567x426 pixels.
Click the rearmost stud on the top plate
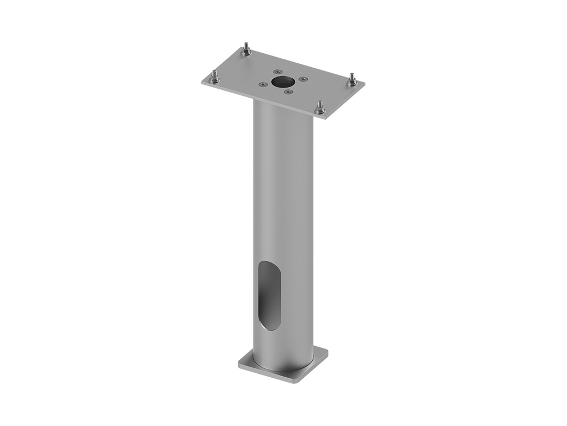245,50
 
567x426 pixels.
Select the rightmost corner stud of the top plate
351,79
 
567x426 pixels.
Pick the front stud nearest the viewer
319,107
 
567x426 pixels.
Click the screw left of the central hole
261,84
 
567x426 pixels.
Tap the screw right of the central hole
302,79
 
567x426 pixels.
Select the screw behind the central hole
277,72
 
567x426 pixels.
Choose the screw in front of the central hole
287,92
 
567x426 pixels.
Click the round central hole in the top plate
282,82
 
